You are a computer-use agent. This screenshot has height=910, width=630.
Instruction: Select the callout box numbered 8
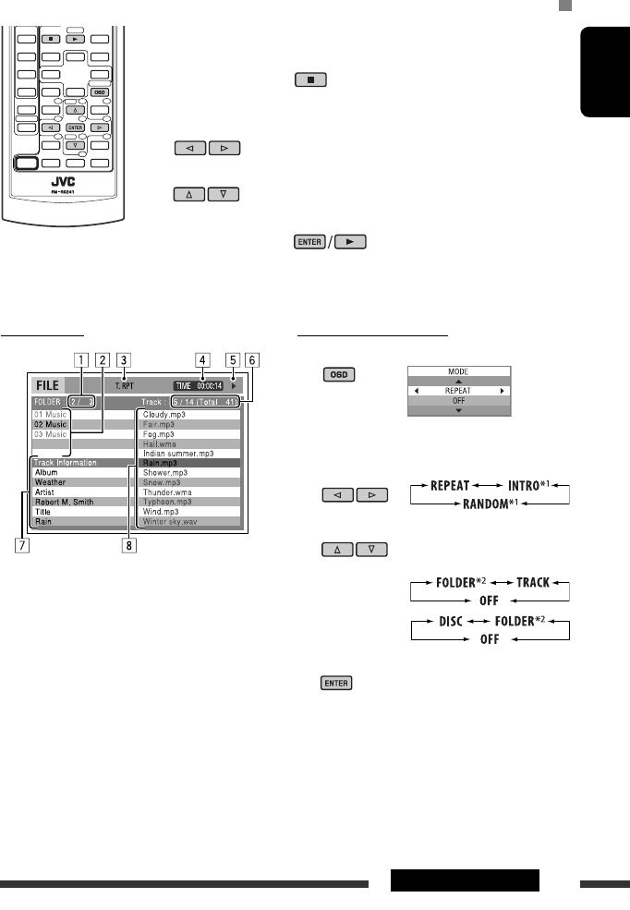click(129, 544)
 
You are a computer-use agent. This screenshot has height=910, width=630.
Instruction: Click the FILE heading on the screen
click(47, 384)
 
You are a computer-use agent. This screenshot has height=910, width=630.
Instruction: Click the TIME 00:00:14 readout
click(198, 385)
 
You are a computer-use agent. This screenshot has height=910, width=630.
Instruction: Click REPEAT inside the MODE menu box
click(457, 389)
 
